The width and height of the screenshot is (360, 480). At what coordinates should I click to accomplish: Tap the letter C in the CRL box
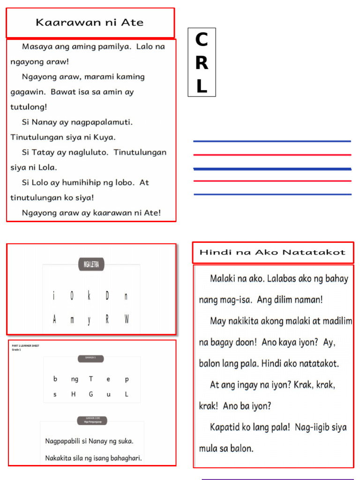(202, 40)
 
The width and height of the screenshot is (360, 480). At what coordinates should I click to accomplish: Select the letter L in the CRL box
(202, 86)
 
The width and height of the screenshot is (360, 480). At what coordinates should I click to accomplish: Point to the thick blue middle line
(272, 169)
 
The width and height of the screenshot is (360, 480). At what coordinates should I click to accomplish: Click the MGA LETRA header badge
(91, 265)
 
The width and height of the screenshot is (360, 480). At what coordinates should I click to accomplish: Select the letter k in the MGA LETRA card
(89, 296)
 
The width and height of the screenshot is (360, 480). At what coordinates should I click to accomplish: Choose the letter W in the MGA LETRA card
(127, 320)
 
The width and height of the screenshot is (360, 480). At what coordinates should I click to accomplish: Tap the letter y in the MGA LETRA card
(89, 320)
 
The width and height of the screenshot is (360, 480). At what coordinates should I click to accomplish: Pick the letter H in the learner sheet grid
(73, 395)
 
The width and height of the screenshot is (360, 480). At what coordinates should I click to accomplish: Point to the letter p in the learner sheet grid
(127, 380)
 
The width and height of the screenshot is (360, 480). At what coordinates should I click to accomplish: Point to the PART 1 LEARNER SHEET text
(26, 345)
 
